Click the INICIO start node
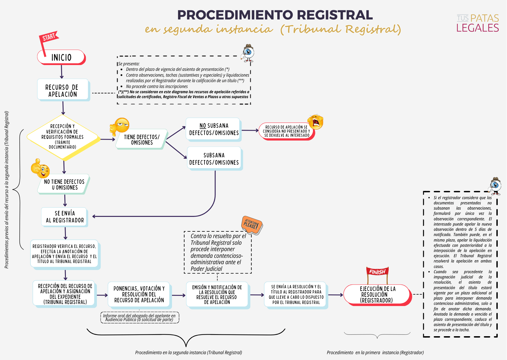point(61,57)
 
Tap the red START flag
point(48,38)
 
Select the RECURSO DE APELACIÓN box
point(63,90)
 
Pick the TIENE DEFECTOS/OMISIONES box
point(142,139)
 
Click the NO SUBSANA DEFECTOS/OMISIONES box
point(214,129)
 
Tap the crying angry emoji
point(316,122)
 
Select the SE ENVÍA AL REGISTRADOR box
point(64,217)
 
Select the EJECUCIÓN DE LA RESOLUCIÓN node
point(377,295)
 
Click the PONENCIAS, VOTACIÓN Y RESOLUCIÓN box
point(139,294)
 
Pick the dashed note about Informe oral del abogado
point(140,318)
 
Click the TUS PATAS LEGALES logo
point(477,23)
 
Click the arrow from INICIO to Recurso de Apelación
point(61,72)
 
